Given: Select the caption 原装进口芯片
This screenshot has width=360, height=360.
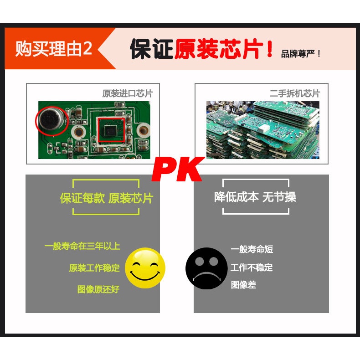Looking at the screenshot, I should pyautogui.click(x=128, y=93).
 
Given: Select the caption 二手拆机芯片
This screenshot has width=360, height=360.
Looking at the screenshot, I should pyautogui.click(x=295, y=93).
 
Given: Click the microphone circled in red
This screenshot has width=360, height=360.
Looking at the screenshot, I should pyautogui.click(x=51, y=121).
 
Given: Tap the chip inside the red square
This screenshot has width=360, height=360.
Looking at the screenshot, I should pyautogui.click(x=111, y=130).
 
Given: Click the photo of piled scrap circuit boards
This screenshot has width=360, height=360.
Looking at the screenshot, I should pyautogui.click(x=262, y=130).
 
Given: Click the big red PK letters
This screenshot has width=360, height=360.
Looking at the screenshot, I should pyautogui.click(x=178, y=170).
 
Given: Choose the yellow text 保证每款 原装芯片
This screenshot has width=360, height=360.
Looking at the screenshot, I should pyautogui.click(x=107, y=198).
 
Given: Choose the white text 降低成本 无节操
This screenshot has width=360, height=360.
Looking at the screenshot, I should pyautogui.click(x=255, y=197).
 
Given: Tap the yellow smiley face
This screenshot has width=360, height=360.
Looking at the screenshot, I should pyautogui.click(x=145, y=268).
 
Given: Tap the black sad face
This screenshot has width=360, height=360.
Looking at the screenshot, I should pyautogui.click(x=206, y=268).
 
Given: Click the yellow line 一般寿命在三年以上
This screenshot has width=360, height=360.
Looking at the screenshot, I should pyautogui.click(x=82, y=246).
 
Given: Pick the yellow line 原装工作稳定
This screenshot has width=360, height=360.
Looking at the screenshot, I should pyautogui.click(x=94, y=268).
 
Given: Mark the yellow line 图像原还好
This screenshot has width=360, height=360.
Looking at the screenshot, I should pyautogui.click(x=98, y=289).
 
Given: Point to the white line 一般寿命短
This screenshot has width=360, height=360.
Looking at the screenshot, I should pyautogui.click(x=252, y=249).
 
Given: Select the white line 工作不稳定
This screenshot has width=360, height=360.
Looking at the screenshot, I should pyautogui.click(x=252, y=267).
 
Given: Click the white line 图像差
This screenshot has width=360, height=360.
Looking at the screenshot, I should pyautogui.click(x=244, y=285).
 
